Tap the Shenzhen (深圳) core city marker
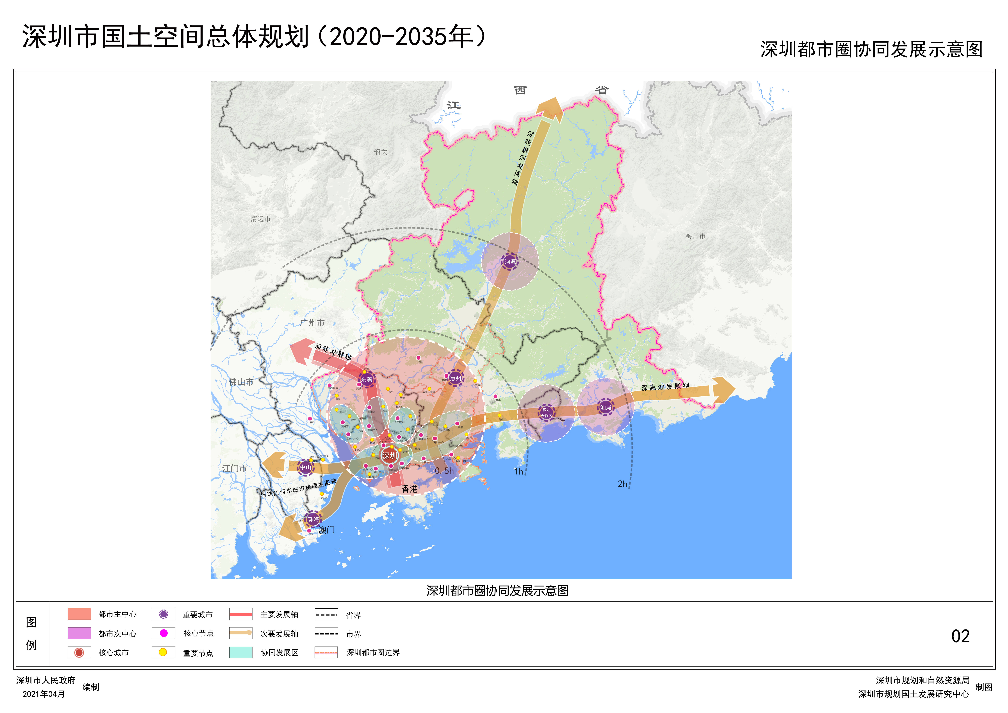pos(389,455)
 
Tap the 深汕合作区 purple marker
pos(546,413)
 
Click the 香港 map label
pos(410,489)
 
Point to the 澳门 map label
pos(327,530)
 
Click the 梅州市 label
pos(695,236)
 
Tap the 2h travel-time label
pos(622,484)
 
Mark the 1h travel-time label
pos(518,472)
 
